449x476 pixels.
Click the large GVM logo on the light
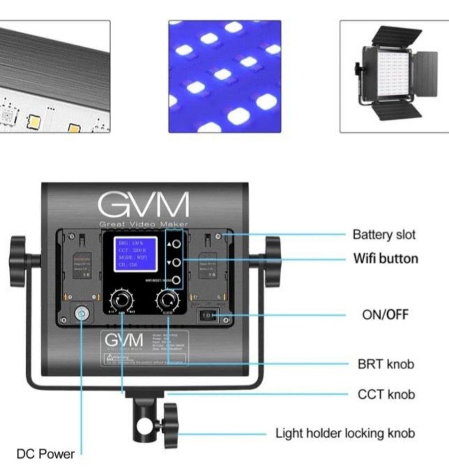pos(143,204)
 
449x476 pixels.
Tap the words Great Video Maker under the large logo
pos(144,224)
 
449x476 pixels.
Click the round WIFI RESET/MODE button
pos(176,280)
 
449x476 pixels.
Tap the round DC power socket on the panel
pos(81,314)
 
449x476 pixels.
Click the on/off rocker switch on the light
pos(208,315)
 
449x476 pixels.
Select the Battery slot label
pos(384,234)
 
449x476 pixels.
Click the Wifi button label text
pos(385,258)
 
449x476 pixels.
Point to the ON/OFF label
pos(385,315)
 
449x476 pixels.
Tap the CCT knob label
pos(386,394)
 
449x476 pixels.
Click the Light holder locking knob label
pos(345,433)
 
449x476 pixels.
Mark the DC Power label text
pos(45,454)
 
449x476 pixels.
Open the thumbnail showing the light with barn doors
pos(394,76)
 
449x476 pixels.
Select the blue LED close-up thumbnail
pos(224,76)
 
